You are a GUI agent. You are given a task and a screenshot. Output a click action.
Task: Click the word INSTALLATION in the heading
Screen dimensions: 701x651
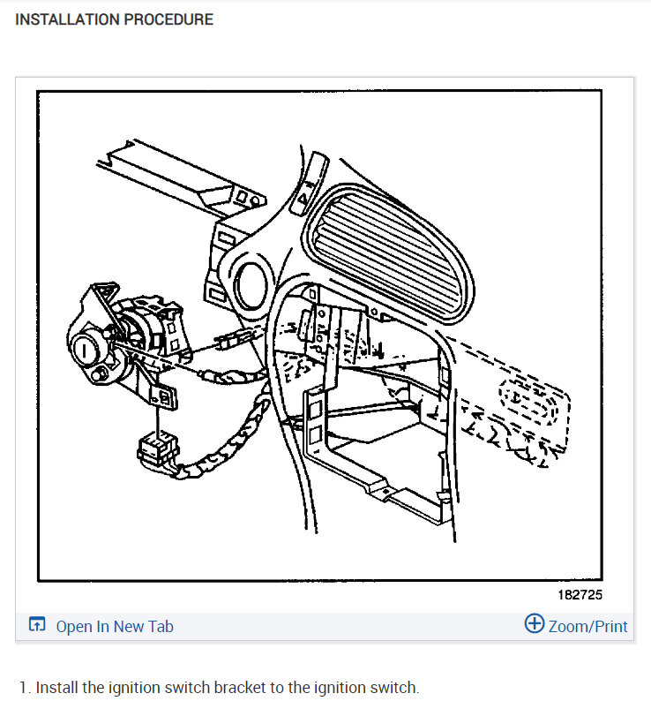[x=64, y=19]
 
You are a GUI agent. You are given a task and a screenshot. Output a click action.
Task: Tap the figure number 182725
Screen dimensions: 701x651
[x=580, y=595]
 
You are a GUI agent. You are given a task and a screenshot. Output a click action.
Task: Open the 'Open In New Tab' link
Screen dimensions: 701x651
[x=115, y=627]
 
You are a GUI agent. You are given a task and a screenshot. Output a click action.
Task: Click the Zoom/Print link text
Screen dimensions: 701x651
[x=587, y=627]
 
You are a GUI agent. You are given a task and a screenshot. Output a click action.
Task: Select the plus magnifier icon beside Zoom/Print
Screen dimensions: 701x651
[x=534, y=624]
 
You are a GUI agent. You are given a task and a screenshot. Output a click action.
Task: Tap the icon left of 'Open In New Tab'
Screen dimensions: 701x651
[x=37, y=626]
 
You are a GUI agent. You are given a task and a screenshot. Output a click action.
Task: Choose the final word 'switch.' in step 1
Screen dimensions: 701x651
[x=398, y=688]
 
